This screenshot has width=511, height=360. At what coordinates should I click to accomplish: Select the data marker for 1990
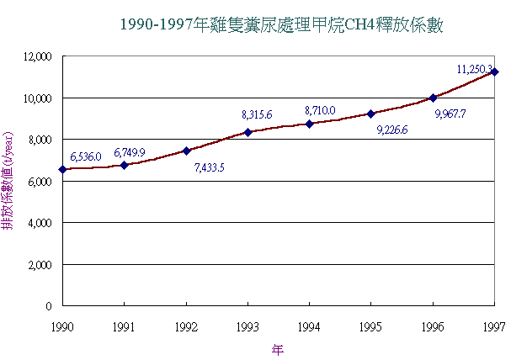pos(62,169)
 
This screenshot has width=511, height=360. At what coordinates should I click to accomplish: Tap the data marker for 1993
pos(248,132)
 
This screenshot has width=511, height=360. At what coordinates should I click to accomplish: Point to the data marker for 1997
pos(495,71)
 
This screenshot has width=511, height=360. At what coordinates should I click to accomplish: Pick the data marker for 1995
pos(371,114)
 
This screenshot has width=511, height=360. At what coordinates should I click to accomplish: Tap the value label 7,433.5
pos(209,167)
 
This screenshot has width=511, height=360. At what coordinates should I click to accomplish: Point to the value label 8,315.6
pos(257,114)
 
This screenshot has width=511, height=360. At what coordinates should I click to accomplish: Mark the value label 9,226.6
pos(392,130)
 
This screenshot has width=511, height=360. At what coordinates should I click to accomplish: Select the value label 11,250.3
pos(474,67)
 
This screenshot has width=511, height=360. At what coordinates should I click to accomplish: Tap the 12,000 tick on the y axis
pos(37,56)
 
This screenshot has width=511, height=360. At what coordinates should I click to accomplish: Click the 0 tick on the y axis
pos(50,305)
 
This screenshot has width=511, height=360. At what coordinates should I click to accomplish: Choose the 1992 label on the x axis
pos(186,324)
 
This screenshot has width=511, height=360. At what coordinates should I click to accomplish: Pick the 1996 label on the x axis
pos(433,324)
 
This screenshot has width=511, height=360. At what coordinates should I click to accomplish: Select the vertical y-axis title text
pos(8,181)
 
